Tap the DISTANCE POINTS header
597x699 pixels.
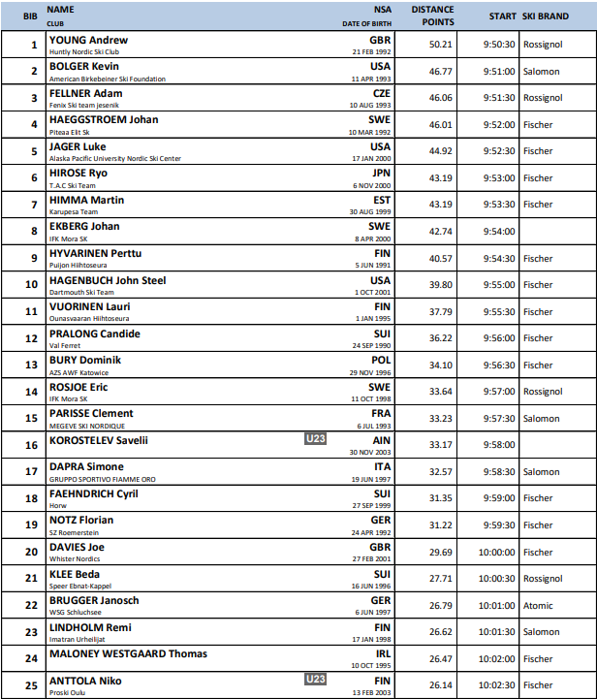pos(431,16)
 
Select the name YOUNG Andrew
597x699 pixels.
pos(88,40)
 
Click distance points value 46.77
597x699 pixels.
pos(441,72)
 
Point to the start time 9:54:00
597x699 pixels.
pos(498,232)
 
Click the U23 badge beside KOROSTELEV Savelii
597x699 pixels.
pos(314,440)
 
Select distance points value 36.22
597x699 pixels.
pos(441,338)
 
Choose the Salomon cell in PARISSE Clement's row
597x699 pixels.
pos(541,419)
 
